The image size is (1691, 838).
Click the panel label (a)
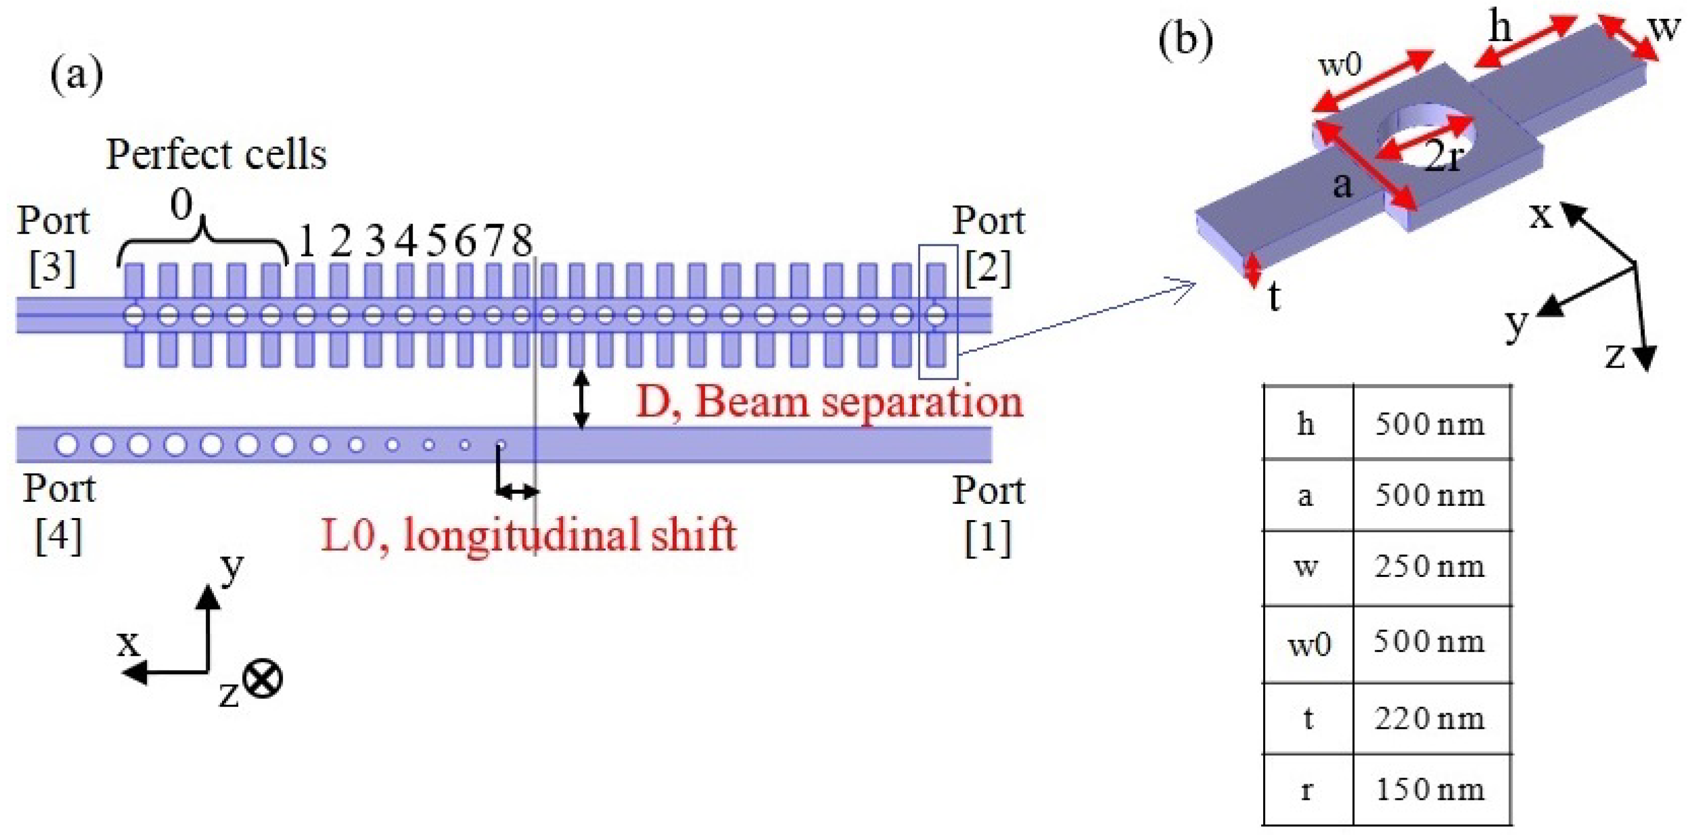click(77, 76)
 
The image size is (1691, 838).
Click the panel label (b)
click(1185, 41)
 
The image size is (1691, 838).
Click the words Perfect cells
click(216, 155)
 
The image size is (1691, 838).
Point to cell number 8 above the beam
click(522, 240)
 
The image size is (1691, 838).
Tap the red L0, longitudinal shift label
click(528, 535)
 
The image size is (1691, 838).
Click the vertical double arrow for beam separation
click(581, 400)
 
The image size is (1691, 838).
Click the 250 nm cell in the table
click(1430, 566)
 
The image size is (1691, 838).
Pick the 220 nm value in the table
click(1430, 719)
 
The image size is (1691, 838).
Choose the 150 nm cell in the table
click(1430, 789)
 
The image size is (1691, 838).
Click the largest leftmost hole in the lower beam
click(66, 445)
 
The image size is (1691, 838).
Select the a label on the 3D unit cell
click(1343, 186)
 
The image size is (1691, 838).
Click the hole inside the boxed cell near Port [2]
click(937, 315)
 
